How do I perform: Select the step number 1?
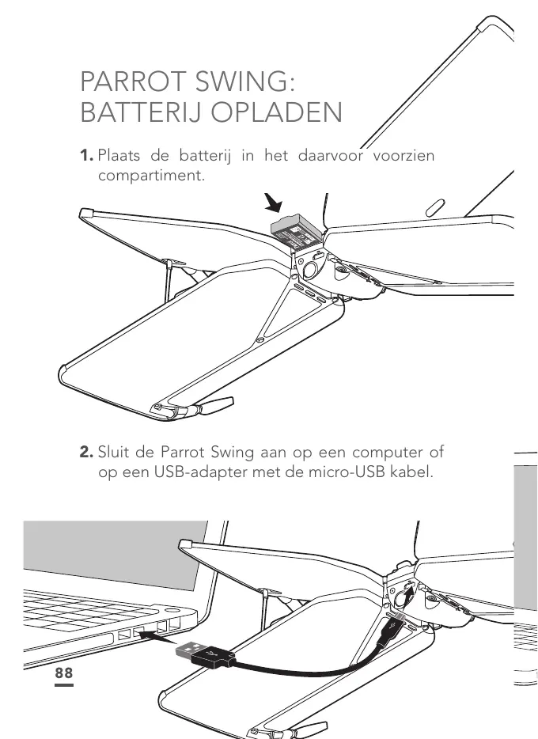pos(85,156)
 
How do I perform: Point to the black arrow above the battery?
pos(275,206)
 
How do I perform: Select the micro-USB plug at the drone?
pos(392,629)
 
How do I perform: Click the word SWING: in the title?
pos(254,82)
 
